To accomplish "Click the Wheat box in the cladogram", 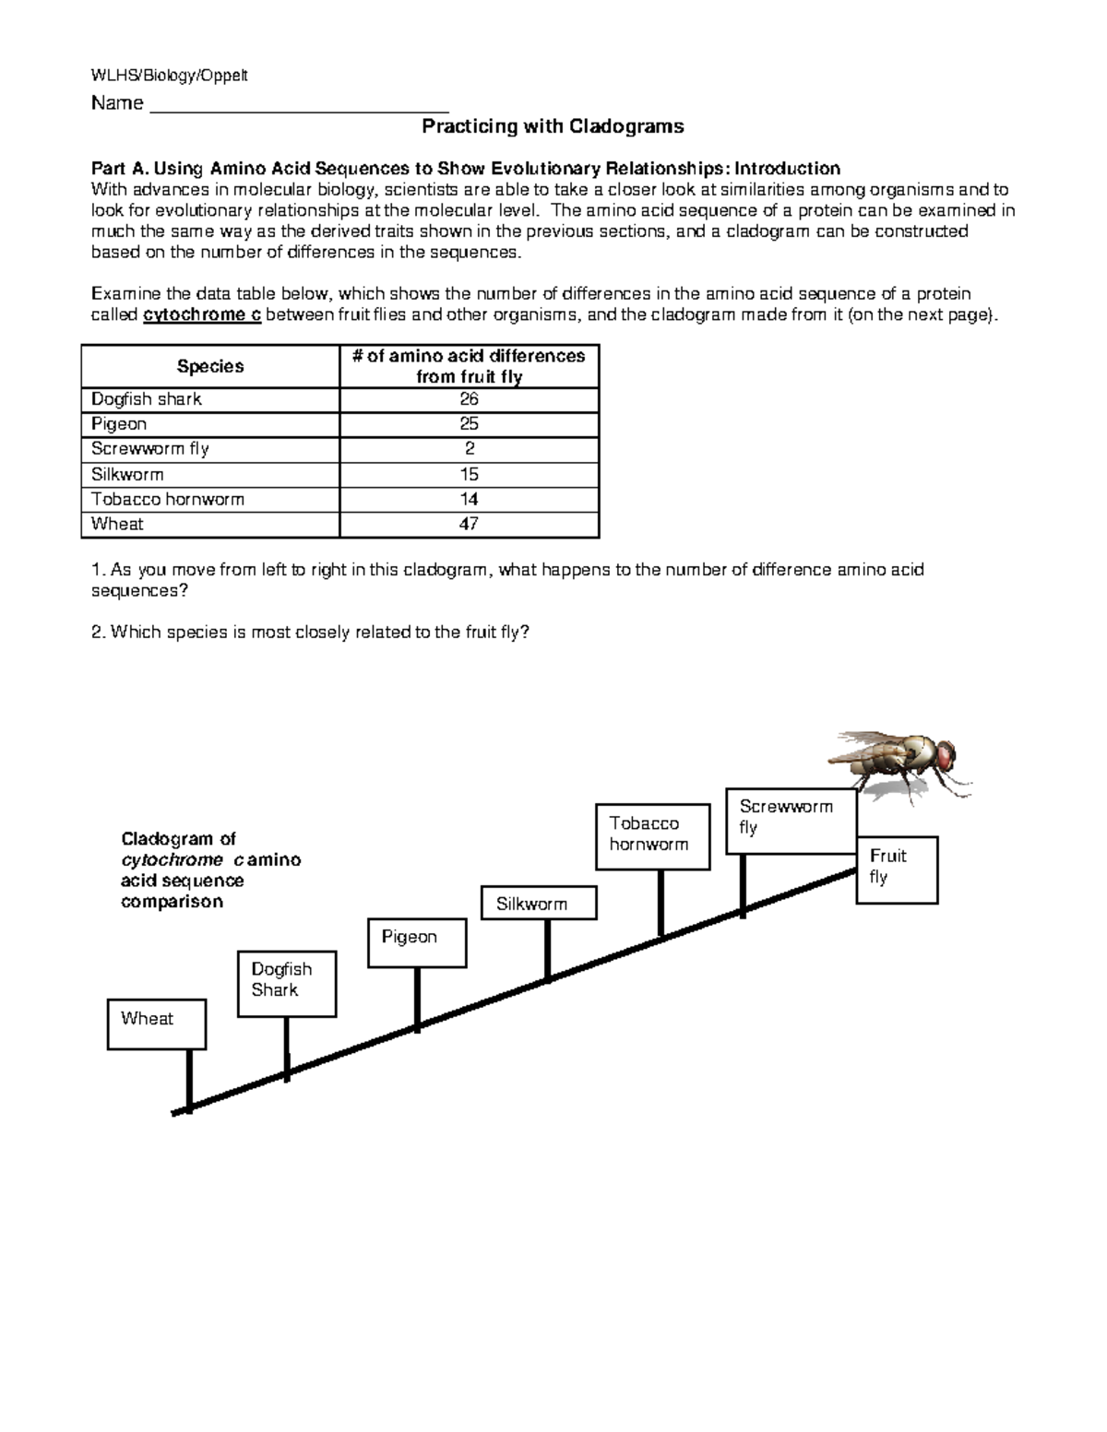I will tap(156, 1024).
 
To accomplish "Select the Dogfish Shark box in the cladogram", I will tap(286, 984).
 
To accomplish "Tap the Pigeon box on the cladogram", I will tap(417, 942).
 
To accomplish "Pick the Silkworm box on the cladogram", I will tap(539, 903).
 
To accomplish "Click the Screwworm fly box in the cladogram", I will tap(792, 821).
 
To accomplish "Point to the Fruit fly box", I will tap(897, 870).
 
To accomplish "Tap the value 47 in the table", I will tap(469, 524).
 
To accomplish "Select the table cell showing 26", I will tap(469, 399).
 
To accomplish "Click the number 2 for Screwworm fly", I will tap(469, 449).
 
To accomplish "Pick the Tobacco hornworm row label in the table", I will tap(168, 499).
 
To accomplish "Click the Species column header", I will tap(210, 366).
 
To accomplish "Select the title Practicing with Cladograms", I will tap(553, 125).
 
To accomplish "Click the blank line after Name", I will tap(299, 103).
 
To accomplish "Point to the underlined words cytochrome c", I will tap(203, 315).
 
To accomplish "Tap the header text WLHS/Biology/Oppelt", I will tap(169, 76).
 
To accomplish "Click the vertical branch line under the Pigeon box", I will tap(418, 998).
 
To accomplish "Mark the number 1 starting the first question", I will tap(96, 570).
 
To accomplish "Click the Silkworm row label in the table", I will tap(127, 474).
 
